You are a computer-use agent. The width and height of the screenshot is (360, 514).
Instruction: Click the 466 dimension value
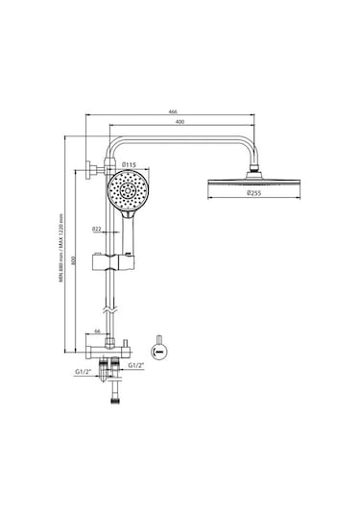click(173, 111)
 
